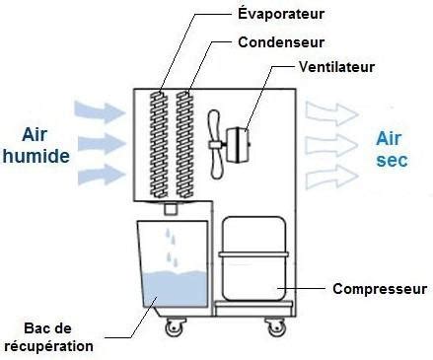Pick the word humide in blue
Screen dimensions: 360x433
(x=36, y=155)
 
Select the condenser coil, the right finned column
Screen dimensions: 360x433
(x=183, y=142)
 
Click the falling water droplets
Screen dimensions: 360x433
(x=174, y=248)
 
